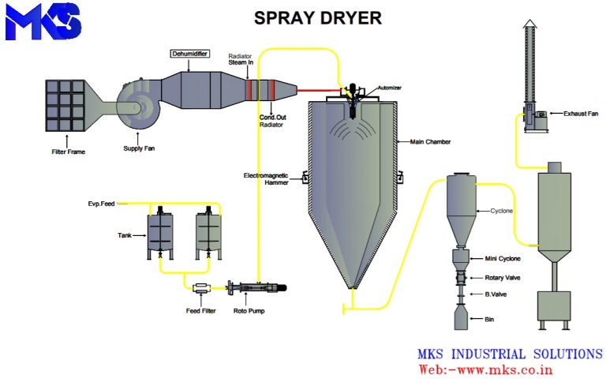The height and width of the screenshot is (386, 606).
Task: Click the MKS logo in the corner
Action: tap(43, 21)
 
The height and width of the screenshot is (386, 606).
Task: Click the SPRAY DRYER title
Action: tap(317, 17)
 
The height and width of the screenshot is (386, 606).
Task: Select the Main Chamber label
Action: tap(430, 142)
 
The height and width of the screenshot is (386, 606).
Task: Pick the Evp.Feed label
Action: tap(101, 204)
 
